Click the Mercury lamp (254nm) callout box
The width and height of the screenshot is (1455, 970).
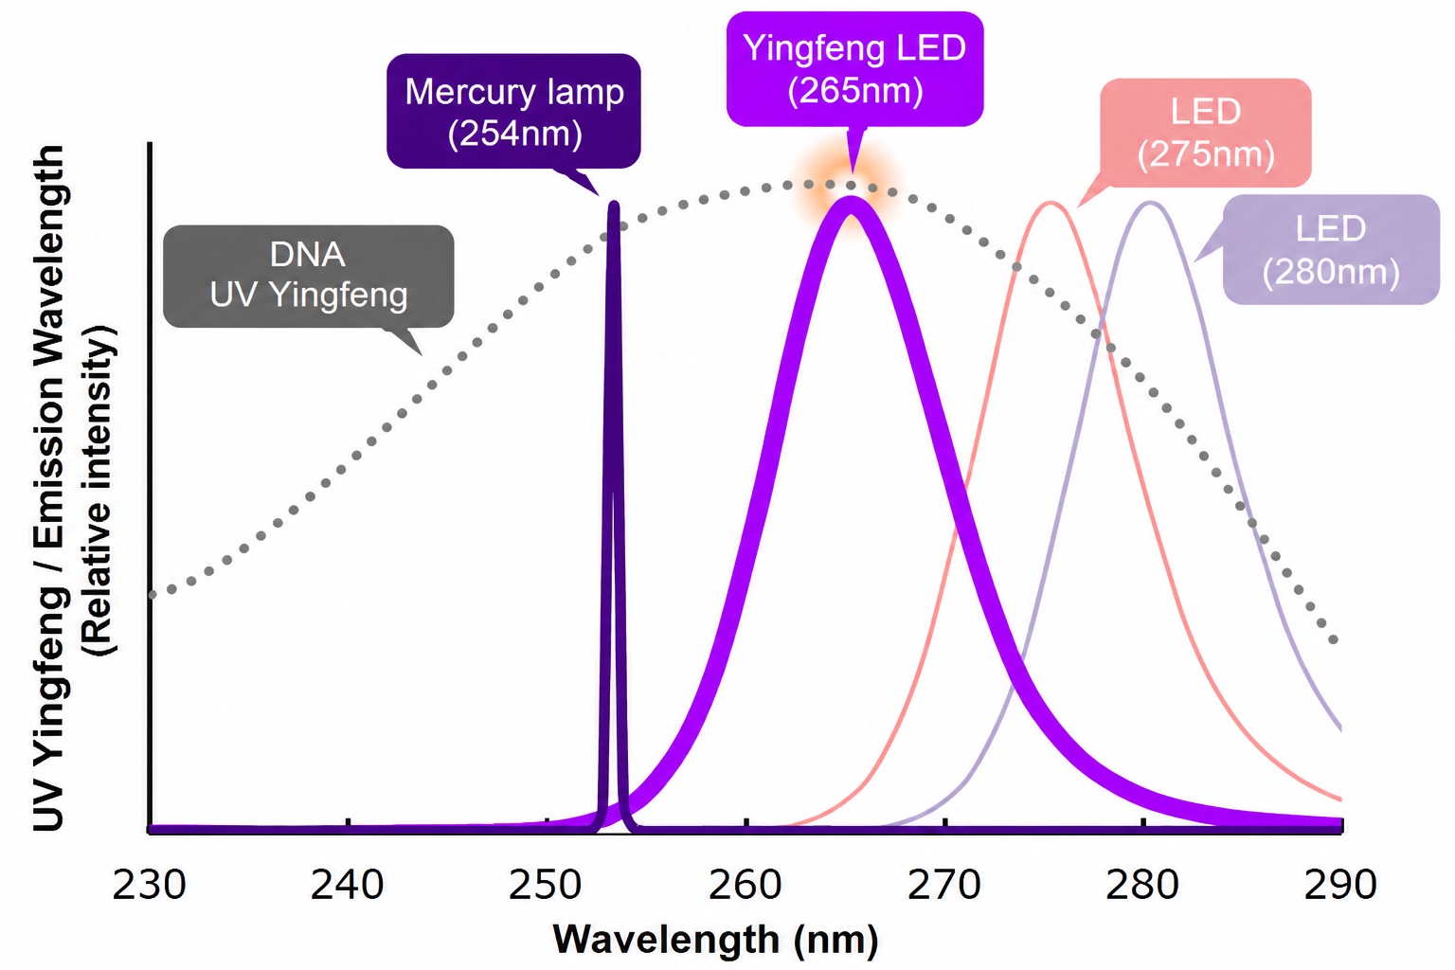(x=513, y=111)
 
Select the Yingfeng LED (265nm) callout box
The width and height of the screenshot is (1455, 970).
(x=854, y=69)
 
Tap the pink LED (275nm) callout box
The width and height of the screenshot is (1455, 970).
(x=1206, y=133)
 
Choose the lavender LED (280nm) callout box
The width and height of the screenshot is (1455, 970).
(x=1331, y=249)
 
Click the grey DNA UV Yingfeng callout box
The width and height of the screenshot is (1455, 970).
(x=309, y=276)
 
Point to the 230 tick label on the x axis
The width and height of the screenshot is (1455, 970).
(x=149, y=885)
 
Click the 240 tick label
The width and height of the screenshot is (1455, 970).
(x=347, y=885)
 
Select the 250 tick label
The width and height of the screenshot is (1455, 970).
(x=545, y=885)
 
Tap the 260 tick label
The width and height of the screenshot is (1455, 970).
(x=745, y=885)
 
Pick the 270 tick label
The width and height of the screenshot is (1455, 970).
(x=943, y=885)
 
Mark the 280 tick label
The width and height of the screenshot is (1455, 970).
(x=1141, y=885)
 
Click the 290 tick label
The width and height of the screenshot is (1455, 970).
(x=1340, y=885)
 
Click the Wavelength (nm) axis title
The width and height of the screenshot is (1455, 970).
(x=715, y=940)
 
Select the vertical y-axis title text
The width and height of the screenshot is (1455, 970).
(x=73, y=487)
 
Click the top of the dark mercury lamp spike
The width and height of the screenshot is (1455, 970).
(x=613, y=204)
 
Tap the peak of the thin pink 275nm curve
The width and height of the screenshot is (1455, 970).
(x=1050, y=204)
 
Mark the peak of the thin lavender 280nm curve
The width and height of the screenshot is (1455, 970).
(x=1151, y=204)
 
